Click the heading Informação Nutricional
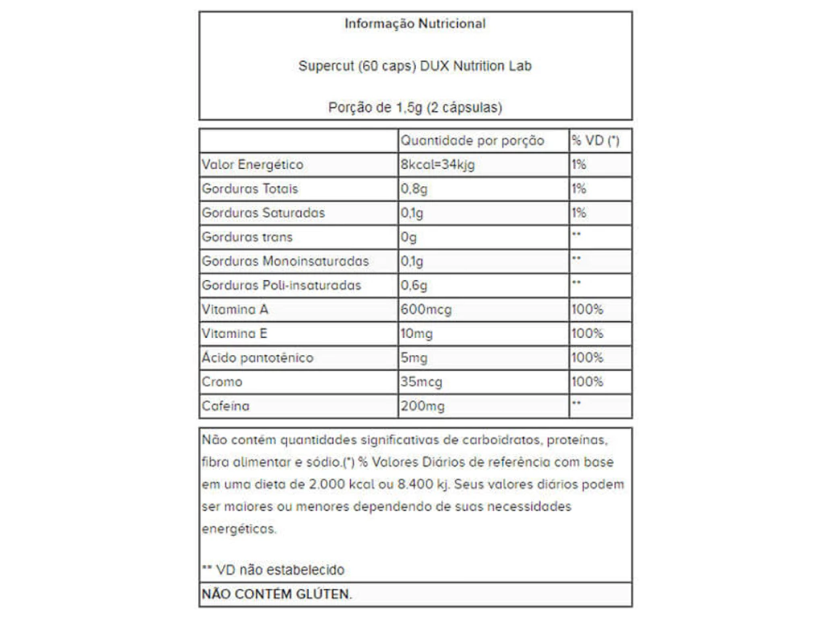[x=414, y=24]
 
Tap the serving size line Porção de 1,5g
[x=414, y=107]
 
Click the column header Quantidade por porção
[x=472, y=141]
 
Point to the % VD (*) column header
[x=595, y=141]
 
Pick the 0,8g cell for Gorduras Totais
[x=414, y=189]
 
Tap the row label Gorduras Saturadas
[x=264, y=213]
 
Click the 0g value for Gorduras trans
[x=409, y=237]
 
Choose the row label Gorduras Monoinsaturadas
[x=286, y=262]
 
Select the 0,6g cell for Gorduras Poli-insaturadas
[x=414, y=286]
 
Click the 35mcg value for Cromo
[x=420, y=382]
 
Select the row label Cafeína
[x=226, y=406]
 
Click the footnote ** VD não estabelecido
[x=274, y=570]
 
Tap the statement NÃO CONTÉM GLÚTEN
[x=277, y=594]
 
